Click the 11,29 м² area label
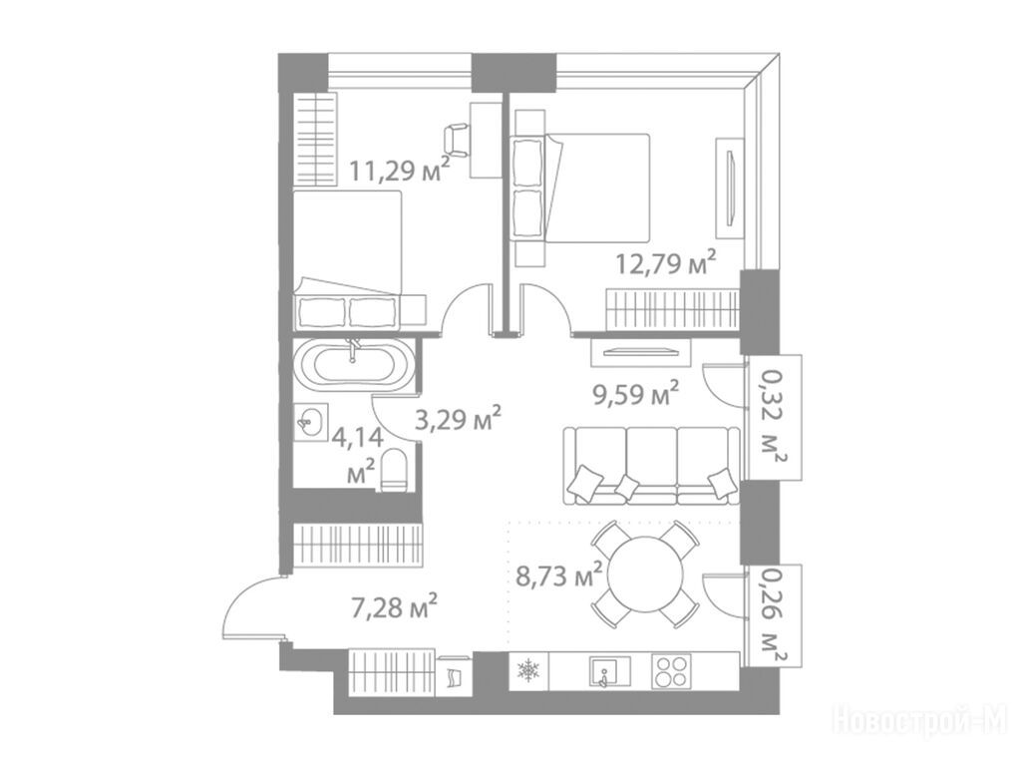pos(399,170)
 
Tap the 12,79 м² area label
pos(666,263)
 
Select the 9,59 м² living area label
pos(635,394)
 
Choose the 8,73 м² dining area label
pos(557,575)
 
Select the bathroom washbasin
pos(311,422)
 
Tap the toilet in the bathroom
pos(393,470)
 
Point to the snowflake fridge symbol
pos(527,671)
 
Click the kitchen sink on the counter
pos(609,671)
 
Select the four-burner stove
pos(671,671)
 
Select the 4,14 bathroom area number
pos(358,437)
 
